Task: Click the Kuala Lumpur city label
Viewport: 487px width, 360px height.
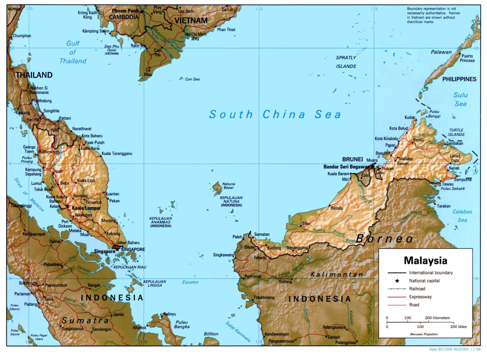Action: coord(86,208)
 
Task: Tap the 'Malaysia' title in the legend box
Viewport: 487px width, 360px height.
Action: coord(425,260)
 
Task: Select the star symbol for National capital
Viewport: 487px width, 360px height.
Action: coord(397,281)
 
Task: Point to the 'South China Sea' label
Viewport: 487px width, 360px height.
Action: coord(275,114)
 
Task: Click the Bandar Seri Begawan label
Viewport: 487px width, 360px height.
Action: coord(346,167)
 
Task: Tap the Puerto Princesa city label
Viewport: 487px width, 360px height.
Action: coord(467,58)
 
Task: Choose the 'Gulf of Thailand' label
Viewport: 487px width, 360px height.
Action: coord(73,52)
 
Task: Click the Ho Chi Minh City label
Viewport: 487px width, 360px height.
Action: coord(196,36)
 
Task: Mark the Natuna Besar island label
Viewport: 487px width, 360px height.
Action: coord(228,186)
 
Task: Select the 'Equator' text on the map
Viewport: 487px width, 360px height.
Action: coord(190,282)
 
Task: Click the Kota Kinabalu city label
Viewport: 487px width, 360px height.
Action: coord(386,138)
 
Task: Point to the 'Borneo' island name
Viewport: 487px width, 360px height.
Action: coord(385,239)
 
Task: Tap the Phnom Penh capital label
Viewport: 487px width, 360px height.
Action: coord(125,11)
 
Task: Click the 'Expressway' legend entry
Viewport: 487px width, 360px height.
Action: coord(420,297)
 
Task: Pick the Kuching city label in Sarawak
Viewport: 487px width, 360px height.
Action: coord(274,248)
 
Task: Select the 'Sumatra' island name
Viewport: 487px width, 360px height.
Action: coord(85,320)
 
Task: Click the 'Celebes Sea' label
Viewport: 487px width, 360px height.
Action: coord(462,216)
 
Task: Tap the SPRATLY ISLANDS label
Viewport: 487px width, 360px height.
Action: coord(346,62)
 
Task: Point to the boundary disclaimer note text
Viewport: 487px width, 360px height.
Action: coord(433,15)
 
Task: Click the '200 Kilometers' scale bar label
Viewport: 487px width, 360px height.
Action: coord(437,318)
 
